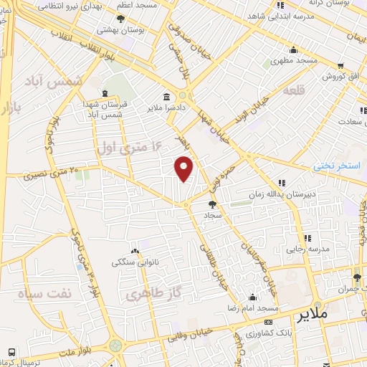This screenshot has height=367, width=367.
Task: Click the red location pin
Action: click(x=184, y=168)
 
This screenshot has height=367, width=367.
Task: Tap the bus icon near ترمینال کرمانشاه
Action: click(x=11, y=352)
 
